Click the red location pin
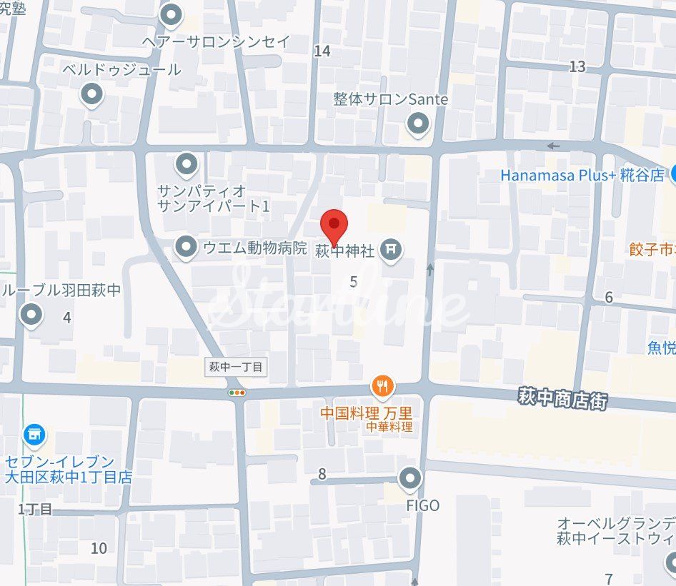pos(333,226)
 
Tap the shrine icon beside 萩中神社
pos(390,251)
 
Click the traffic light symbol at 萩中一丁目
pos(237,393)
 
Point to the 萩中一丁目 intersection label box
pos(236,368)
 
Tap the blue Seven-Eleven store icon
pos(34,434)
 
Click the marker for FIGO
pos(409,479)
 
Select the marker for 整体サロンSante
pos(418,125)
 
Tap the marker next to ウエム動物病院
pos(187,247)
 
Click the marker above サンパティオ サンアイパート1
pos(187,165)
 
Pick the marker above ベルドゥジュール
pos(91,94)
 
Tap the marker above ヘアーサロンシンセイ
pos(172,14)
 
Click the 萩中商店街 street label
pos(562,399)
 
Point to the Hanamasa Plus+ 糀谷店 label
pos(582,175)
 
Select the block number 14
pos(322,51)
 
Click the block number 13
pos(577,66)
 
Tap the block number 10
pos(99,548)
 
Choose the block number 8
pos(322,473)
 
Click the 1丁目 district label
pos(36,509)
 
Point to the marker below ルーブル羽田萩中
pos(31,314)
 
